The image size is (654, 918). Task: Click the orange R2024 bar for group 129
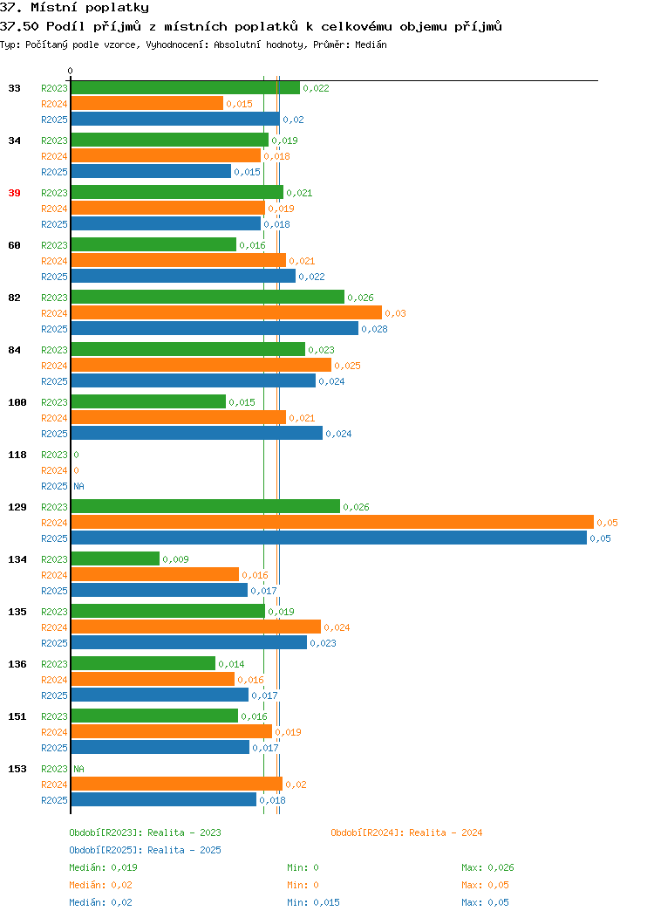[x=332, y=522]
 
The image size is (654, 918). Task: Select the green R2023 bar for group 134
[x=115, y=559]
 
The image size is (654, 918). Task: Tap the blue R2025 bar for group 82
[x=215, y=328]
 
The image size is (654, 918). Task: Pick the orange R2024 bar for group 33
[x=147, y=104]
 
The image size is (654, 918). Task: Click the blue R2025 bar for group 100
[x=196, y=433]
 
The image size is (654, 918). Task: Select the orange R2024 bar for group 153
[x=177, y=784]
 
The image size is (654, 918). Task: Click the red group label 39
[x=14, y=193]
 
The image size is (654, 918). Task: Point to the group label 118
[x=17, y=455]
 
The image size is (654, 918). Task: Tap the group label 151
[x=17, y=716]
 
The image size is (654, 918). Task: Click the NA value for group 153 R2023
[x=79, y=769]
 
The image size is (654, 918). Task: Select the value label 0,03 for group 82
[x=395, y=313]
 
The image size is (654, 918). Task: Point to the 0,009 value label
[x=175, y=559]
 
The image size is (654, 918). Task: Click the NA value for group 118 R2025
[x=79, y=486]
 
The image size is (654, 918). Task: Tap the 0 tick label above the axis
[x=71, y=71]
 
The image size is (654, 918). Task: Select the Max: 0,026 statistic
[x=487, y=867]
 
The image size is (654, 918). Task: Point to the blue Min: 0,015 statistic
[x=314, y=902]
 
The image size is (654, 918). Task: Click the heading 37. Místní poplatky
[x=74, y=8]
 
